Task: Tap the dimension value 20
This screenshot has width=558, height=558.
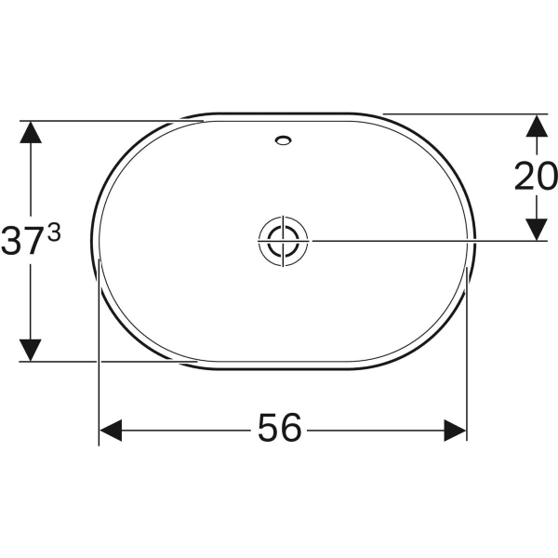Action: click(x=536, y=177)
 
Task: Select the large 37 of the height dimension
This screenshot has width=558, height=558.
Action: click(x=22, y=244)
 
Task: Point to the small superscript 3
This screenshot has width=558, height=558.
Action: click(x=53, y=234)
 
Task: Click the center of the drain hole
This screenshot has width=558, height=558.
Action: click(x=282, y=241)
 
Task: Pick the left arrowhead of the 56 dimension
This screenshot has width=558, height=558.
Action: click(x=111, y=430)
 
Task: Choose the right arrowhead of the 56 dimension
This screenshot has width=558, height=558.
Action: click(x=455, y=430)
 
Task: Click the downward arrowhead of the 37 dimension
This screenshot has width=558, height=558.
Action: click(x=32, y=350)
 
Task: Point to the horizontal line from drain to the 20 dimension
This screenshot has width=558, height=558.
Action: click(x=418, y=241)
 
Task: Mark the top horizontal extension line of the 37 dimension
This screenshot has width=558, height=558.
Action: click(x=102, y=120)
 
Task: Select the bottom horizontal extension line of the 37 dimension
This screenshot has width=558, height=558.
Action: click(x=102, y=362)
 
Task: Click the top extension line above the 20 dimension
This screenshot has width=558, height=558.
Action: click(x=465, y=113)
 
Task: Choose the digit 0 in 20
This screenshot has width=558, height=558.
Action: click(x=547, y=177)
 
